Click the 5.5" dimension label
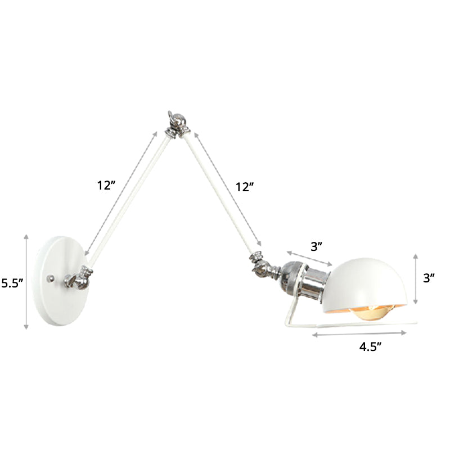point(12,283)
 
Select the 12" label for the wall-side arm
point(106,186)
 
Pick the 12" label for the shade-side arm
point(245,187)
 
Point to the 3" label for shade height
point(430,278)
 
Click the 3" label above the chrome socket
point(317,246)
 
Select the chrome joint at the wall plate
point(76,279)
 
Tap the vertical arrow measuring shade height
point(415,278)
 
